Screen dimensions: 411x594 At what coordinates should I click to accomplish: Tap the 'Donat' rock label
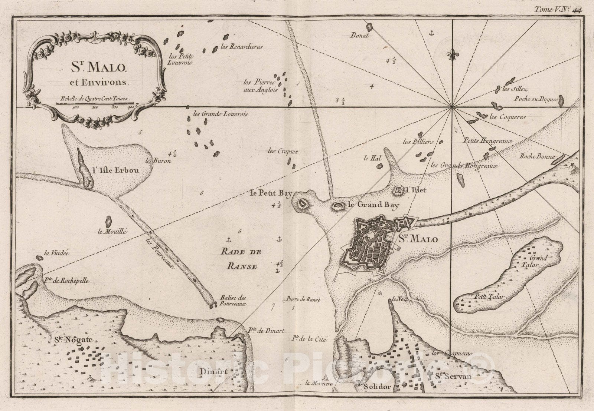(360, 36)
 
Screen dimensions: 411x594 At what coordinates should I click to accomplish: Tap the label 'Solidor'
(378, 387)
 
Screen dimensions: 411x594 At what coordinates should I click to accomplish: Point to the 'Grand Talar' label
(539, 262)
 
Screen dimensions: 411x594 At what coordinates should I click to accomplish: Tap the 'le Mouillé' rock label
(112, 232)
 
